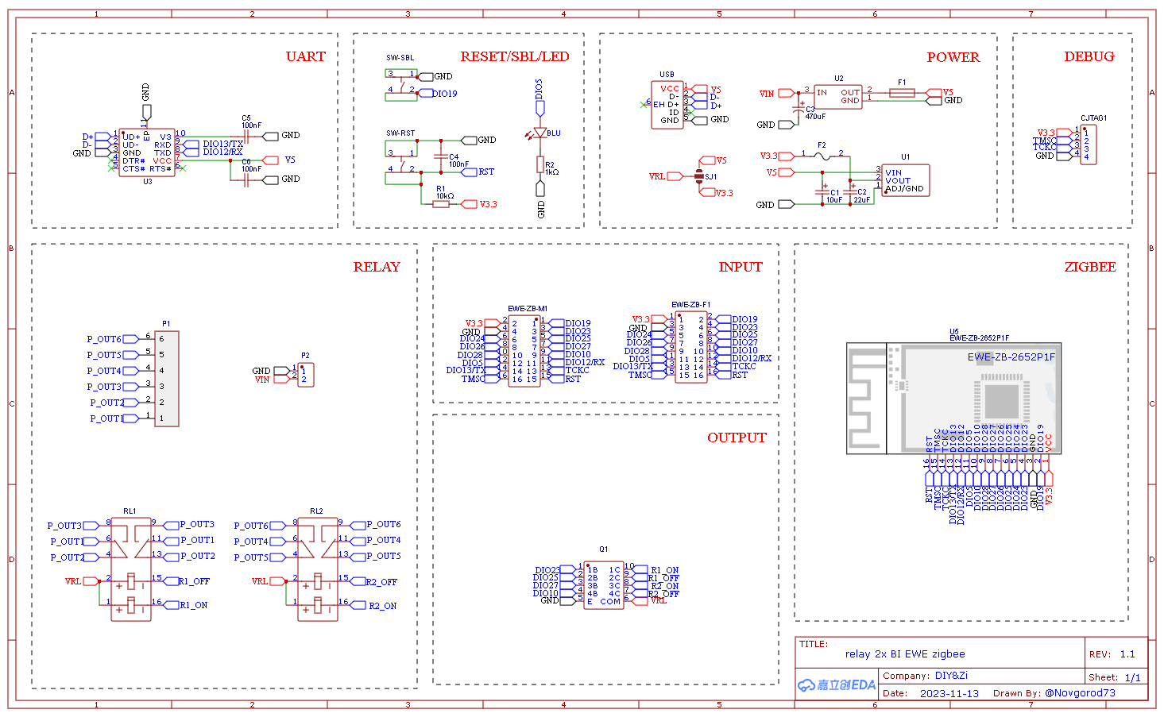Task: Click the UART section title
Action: [305, 56]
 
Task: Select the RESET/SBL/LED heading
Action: [514, 56]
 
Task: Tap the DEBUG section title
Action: [1089, 56]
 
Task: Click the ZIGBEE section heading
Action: [1089, 267]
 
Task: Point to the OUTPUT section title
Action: [737, 438]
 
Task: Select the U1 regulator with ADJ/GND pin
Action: [904, 181]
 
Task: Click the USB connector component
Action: [667, 105]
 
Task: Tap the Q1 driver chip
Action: [604, 585]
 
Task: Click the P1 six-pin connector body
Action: [166, 379]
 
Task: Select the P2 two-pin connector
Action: [306, 375]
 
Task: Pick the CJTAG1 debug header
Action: [1089, 145]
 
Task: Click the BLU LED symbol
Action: [540, 133]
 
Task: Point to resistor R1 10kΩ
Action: [441, 204]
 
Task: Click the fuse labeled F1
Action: [902, 93]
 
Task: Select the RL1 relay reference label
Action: [130, 511]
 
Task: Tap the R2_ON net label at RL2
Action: [382, 606]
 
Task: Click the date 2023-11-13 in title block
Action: [949, 693]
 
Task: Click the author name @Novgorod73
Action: [1080, 692]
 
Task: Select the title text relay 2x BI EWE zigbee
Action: [905, 654]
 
